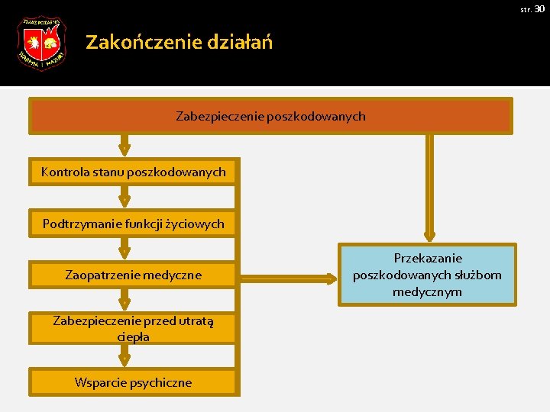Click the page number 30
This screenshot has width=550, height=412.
(x=539, y=8)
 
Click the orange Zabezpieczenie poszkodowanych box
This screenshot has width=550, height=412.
(x=270, y=117)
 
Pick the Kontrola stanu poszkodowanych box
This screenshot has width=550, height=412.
(x=134, y=172)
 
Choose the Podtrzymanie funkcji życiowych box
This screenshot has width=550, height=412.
(x=134, y=224)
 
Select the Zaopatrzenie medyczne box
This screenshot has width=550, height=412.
(x=134, y=275)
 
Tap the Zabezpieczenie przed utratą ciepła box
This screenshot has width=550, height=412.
(x=134, y=329)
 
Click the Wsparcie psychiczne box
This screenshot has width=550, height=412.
(x=134, y=382)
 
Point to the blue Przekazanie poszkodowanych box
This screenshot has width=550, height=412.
(x=427, y=275)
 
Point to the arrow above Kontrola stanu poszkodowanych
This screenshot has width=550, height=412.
(x=125, y=145)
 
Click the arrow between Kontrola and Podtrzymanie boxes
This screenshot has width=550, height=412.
(x=125, y=198)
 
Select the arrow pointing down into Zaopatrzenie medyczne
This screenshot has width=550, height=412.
(x=125, y=249)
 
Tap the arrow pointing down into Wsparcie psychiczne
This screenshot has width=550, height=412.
(x=125, y=356)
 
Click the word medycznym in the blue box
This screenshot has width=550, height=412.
(x=427, y=291)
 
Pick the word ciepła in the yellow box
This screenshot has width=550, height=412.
(x=134, y=336)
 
